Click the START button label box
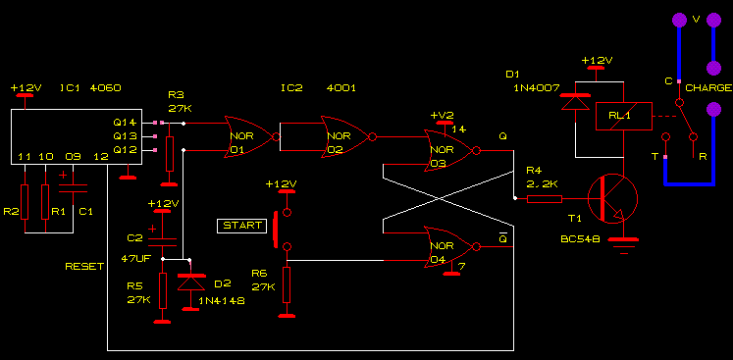[241, 226]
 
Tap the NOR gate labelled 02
[346, 137]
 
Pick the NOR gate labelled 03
[450, 150]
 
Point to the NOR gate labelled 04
[450, 247]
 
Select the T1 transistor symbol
[612, 199]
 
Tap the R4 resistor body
[545, 199]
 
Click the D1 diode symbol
[575, 102]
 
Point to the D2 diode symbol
[190, 282]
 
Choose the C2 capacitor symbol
[162, 241]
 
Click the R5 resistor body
[162, 290]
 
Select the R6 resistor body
[287, 284]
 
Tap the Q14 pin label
[125, 123]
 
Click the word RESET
[84, 267]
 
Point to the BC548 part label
[580, 239]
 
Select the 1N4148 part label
[222, 300]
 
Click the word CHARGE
[708, 88]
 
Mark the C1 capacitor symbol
[73, 188]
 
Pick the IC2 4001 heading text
[318, 88]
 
